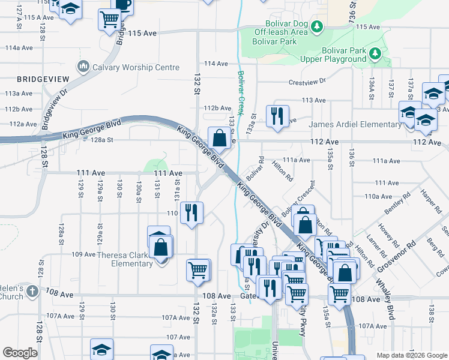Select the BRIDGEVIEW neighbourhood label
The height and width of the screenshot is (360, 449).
43,79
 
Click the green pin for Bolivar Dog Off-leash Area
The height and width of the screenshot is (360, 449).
319,26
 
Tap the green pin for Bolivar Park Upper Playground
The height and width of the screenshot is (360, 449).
375,54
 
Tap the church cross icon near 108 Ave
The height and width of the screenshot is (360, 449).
32,292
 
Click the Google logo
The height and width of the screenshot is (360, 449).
20,353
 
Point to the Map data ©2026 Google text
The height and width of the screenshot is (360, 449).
411,355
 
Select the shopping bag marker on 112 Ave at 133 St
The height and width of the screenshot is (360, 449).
219,137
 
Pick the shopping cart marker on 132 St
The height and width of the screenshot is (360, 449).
198,269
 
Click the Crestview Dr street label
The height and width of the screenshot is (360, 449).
307,81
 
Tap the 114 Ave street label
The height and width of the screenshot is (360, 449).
216,64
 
